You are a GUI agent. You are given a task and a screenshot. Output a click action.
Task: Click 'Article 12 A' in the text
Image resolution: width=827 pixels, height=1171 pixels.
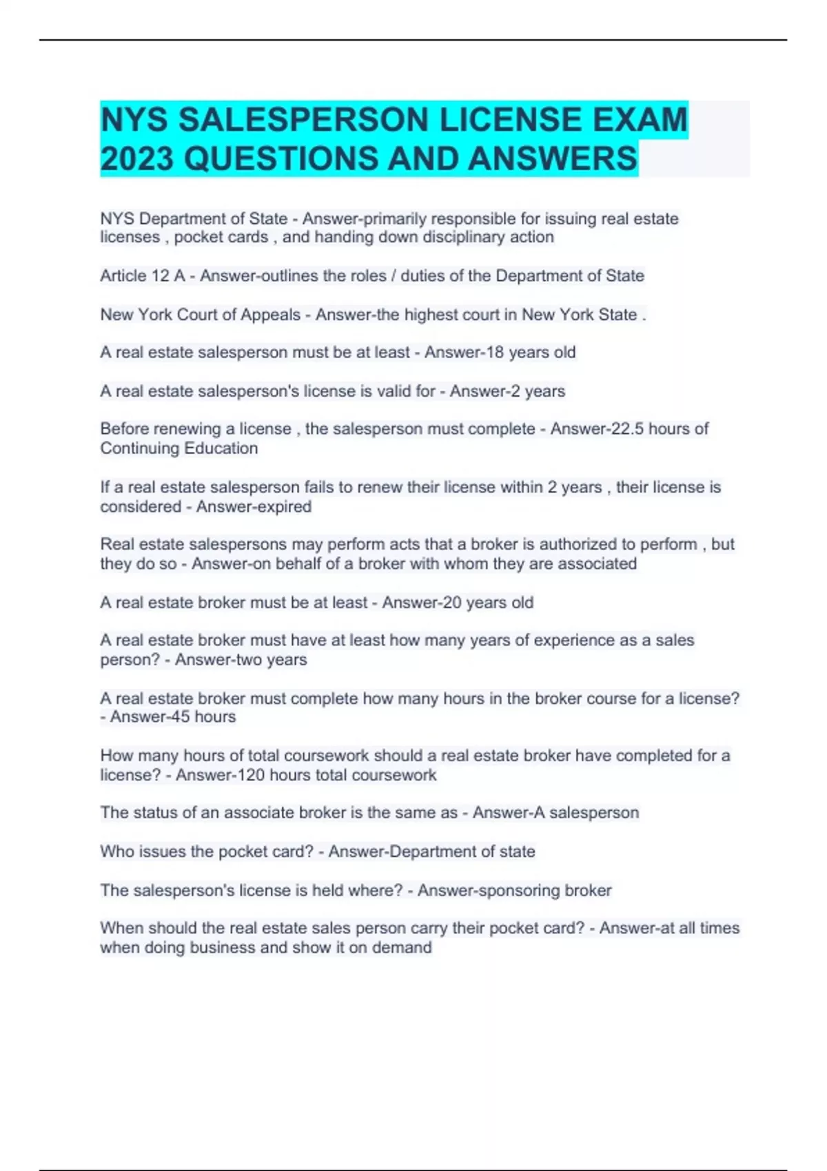point(142,276)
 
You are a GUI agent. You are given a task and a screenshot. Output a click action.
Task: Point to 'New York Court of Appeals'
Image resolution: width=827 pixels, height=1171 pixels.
point(201,315)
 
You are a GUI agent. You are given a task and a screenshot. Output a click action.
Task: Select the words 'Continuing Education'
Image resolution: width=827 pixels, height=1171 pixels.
point(179,448)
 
